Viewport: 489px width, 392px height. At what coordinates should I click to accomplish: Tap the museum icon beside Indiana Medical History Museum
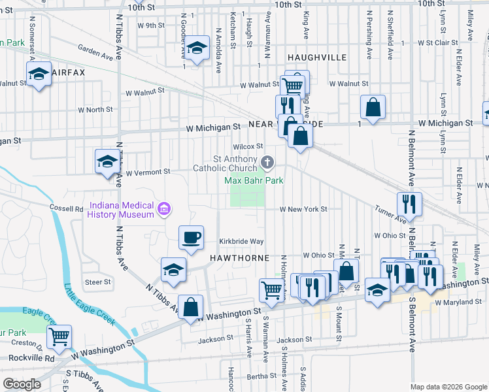click(164, 209)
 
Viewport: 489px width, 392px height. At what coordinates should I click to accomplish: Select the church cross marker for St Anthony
click(267, 162)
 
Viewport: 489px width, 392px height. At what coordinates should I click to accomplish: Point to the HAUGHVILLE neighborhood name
click(316, 57)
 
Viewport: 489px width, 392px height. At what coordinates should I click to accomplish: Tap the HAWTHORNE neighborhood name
click(240, 258)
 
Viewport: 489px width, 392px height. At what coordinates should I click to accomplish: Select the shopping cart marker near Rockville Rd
click(59, 336)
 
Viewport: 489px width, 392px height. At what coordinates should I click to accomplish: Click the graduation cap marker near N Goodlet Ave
click(196, 47)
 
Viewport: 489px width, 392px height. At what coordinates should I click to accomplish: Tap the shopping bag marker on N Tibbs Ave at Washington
click(190, 306)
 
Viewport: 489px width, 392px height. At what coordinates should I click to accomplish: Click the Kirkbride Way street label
click(241, 241)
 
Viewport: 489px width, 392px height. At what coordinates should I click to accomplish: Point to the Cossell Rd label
click(67, 208)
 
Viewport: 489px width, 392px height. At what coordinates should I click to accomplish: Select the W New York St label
click(303, 209)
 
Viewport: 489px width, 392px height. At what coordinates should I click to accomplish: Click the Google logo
click(22, 384)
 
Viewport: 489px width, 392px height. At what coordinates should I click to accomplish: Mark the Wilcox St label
click(249, 146)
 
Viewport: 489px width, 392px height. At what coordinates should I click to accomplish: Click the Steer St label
click(98, 282)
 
